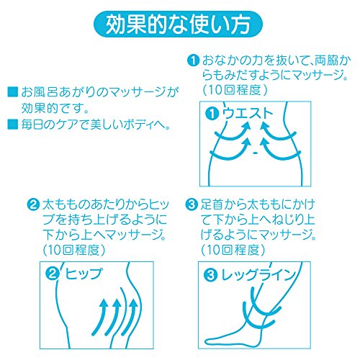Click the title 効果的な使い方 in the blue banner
[178, 24]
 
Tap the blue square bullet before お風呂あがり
[13, 92]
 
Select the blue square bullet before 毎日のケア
[13, 124]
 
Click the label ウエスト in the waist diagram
[248, 113]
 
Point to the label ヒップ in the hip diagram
[84, 274]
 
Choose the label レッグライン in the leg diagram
[258, 275]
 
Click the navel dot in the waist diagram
[256, 153]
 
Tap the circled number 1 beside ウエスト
[212, 114]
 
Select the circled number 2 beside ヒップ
[53, 274]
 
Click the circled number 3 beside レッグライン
[210, 275]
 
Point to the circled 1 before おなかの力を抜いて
[193, 60]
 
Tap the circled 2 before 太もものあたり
[33, 204]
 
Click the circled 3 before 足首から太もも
[192, 204]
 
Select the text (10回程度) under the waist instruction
[235, 90]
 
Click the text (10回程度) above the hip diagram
[74, 250]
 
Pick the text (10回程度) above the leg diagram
[233, 250]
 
